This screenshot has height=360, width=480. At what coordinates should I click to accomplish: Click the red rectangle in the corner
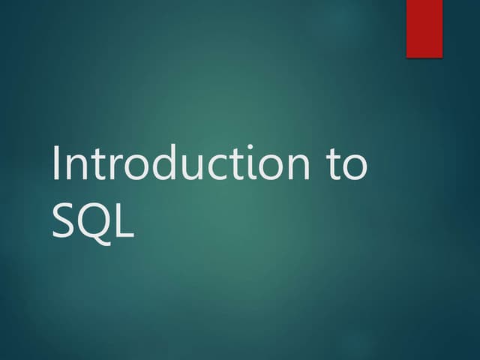tap(424, 28)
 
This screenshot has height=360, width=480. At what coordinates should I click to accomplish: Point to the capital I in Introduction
tap(57, 163)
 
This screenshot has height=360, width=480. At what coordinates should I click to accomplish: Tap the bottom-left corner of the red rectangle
tap(407, 57)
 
